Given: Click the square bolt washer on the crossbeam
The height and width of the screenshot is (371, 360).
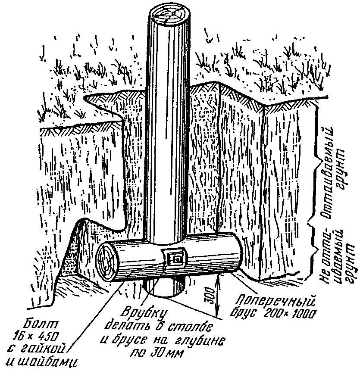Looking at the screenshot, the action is click(175, 259).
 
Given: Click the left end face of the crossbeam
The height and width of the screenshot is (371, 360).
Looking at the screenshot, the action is click(106, 261).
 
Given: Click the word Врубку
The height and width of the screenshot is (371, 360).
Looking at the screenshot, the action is click(138, 312).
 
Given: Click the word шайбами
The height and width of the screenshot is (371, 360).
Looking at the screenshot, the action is click(43, 360).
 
